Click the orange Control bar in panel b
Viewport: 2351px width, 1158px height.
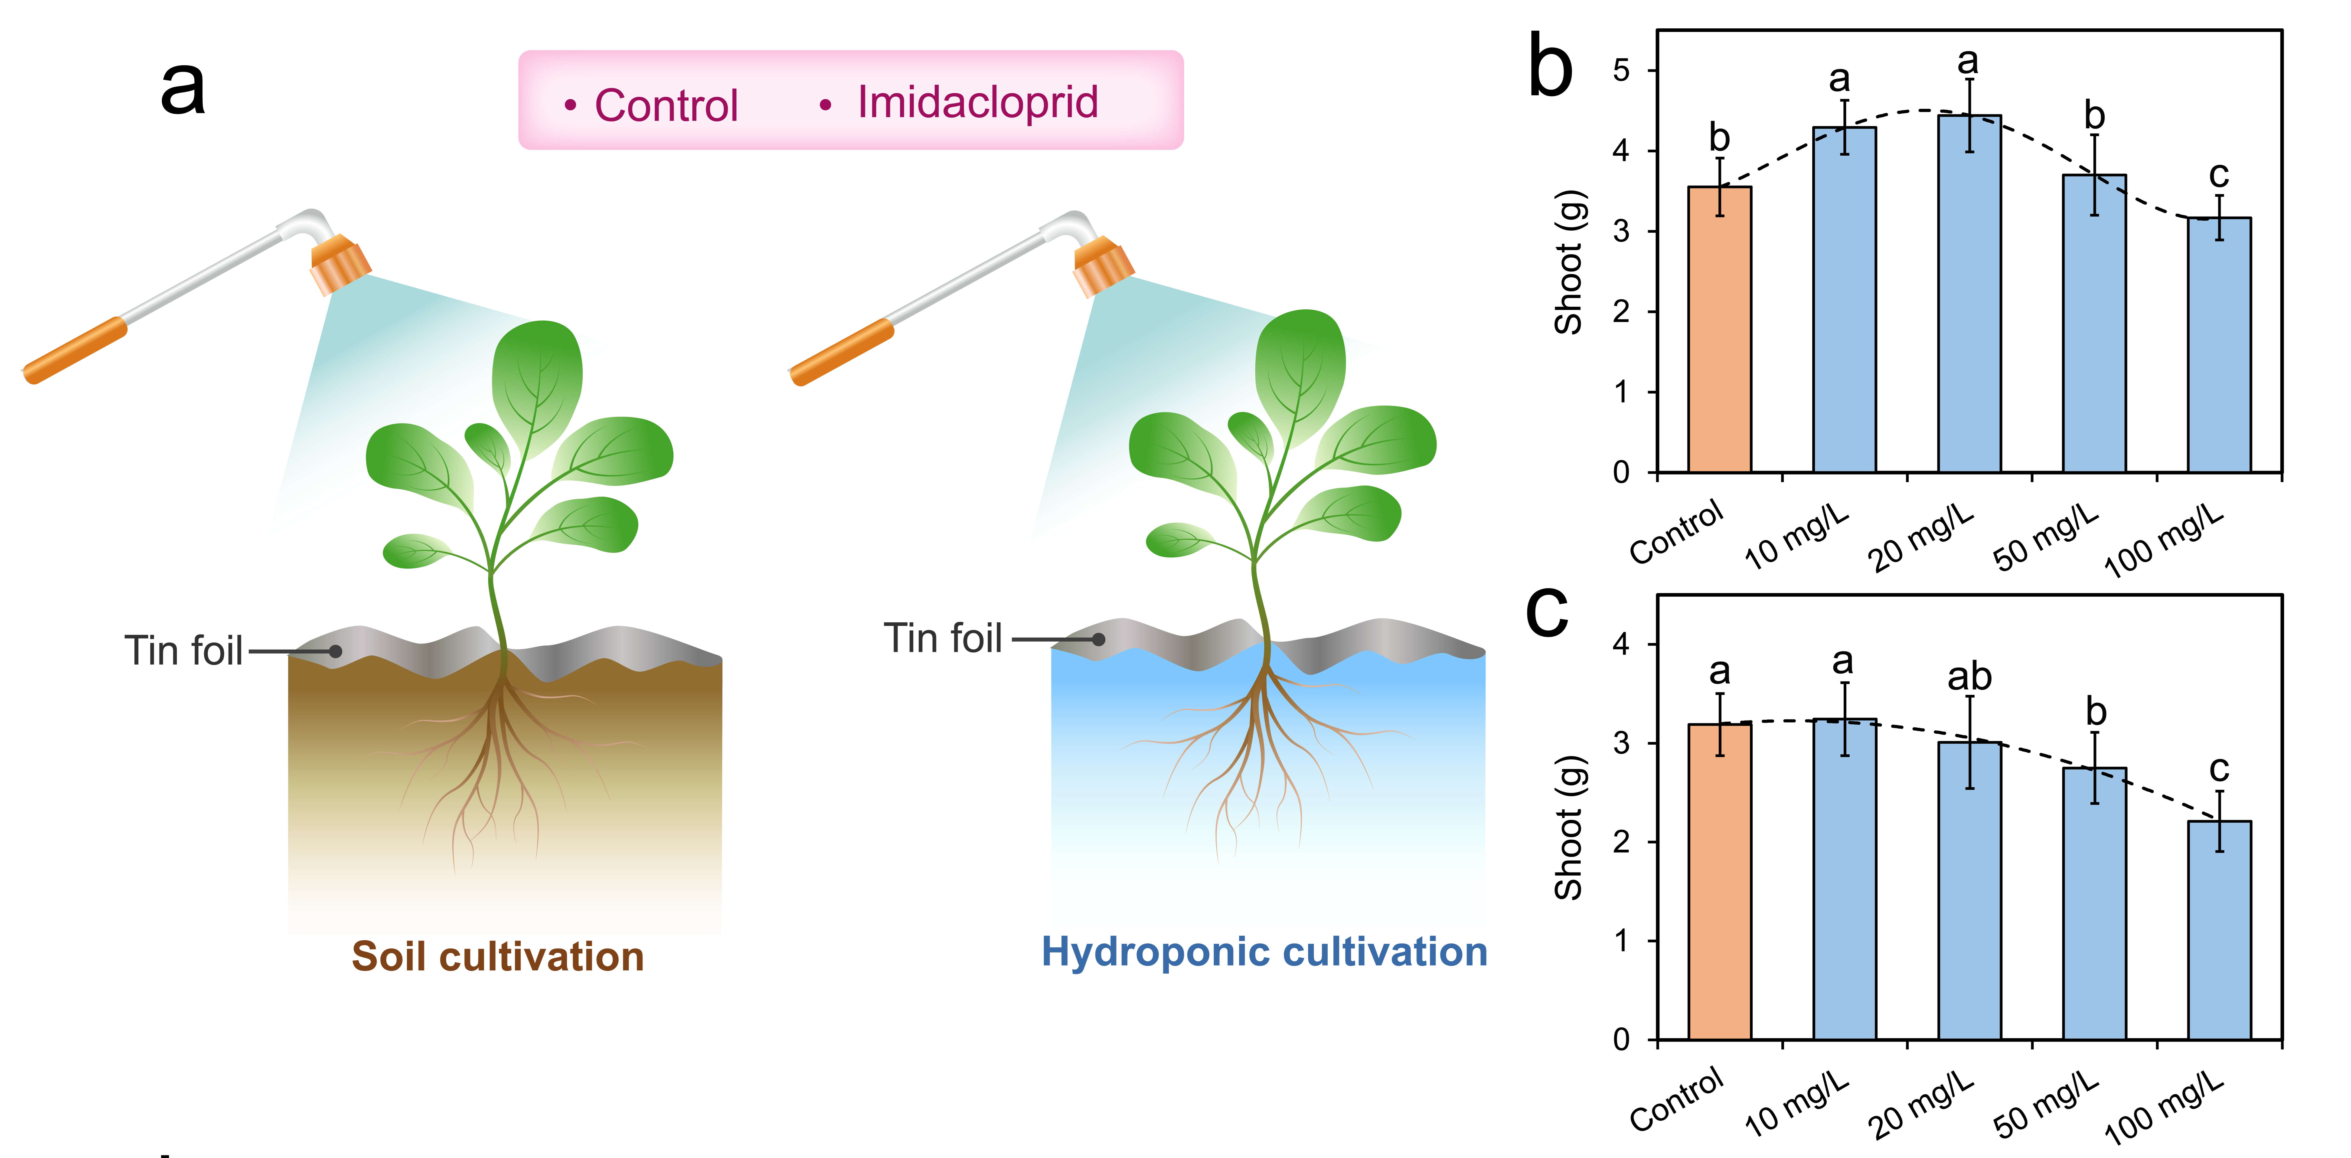[1719, 329]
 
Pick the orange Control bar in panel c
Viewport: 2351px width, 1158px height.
[1719, 882]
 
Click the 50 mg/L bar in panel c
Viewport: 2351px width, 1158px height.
[2095, 903]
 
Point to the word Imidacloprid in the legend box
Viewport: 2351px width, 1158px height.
[977, 103]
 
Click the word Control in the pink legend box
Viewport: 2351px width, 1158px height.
[666, 105]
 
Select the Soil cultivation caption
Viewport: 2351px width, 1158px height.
[497, 956]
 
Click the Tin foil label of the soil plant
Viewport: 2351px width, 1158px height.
[184, 651]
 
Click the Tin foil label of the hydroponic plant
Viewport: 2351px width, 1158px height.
[943, 638]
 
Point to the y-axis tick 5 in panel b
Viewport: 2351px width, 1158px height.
[1621, 70]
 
